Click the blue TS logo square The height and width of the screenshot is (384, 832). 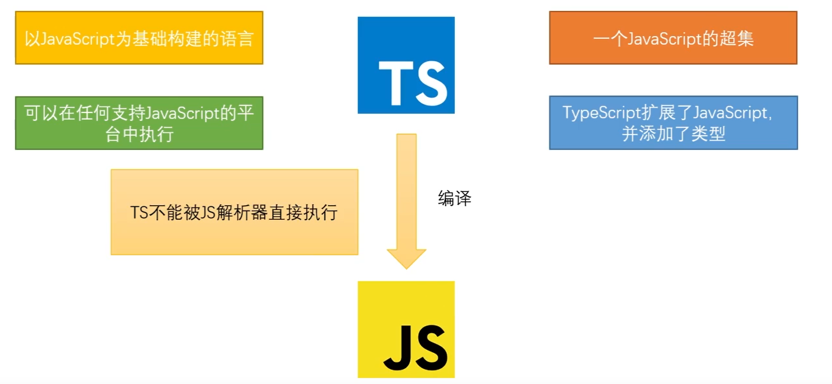coord(406,65)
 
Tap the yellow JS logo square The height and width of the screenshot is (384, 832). coord(406,329)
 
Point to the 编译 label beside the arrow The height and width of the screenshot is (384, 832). coord(454,199)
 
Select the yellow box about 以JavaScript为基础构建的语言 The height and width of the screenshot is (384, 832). coord(139,38)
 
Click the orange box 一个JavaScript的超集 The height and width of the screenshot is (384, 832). coord(672,38)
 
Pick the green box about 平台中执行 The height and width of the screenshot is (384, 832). coord(139,123)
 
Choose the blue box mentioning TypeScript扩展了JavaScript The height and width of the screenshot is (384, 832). coord(673,123)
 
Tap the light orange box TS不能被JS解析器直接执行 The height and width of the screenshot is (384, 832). coord(234,212)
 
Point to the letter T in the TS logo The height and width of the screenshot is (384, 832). coord(396,83)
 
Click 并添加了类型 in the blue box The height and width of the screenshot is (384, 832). coord(673,134)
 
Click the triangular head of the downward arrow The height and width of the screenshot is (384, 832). coord(406,259)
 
